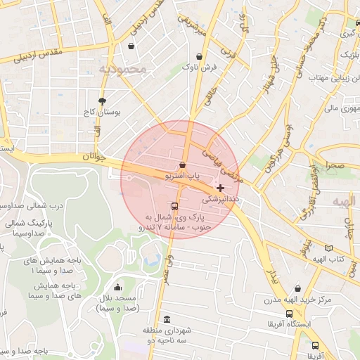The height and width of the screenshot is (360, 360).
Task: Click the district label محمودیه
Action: [x=122, y=69]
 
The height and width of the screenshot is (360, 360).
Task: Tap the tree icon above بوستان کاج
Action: [x=103, y=101]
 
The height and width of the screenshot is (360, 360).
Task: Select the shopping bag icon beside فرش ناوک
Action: [x=200, y=56]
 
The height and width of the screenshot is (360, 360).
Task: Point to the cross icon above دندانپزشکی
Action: [x=221, y=188]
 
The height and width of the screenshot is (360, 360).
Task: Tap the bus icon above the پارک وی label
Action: [x=174, y=207]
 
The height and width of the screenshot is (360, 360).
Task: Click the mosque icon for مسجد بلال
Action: [x=117, y=287]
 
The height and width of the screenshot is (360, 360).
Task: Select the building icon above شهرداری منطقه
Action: [x=167, y=319]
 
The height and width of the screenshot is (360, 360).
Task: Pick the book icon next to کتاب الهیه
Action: [x=328, y=248]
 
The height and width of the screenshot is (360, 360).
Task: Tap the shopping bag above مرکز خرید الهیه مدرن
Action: [x=298, y=288]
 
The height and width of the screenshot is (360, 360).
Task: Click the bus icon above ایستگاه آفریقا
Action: [x=289, y=314]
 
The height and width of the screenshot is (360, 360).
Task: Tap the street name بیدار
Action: [x=274, y=274]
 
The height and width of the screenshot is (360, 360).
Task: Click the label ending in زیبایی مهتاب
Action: [x=326, y=77]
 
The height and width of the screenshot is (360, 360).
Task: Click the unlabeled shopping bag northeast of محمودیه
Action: [x=131, y=46]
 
